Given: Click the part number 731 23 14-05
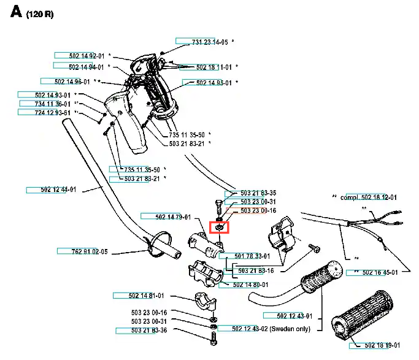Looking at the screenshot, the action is (210, 42).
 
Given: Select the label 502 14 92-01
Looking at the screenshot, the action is (86, 56).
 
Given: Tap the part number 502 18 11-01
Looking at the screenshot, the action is (213, 67).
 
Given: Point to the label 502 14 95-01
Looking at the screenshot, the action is (213, 83).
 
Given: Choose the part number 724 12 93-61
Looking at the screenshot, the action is (52, 113).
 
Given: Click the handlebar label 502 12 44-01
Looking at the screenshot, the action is (58, 190).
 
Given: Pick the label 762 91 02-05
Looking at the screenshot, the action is (90, 251).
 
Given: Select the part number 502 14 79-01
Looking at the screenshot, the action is (173, 217).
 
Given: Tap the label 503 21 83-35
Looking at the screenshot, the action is (258, 193).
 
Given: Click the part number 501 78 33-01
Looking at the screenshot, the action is (252, 256).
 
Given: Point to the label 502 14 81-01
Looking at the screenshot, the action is (146, 296).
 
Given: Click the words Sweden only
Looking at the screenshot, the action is (290, 329).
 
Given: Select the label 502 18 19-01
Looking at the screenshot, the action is (382, 345).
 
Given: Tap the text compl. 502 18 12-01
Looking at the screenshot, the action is (369, 197).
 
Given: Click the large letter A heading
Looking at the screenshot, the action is (16, 12).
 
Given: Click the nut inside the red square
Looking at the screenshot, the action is (219, 228).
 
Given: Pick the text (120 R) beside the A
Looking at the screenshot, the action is (40, 14).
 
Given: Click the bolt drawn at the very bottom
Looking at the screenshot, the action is (213, 338).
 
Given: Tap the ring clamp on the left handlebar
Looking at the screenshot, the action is (158, 244).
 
